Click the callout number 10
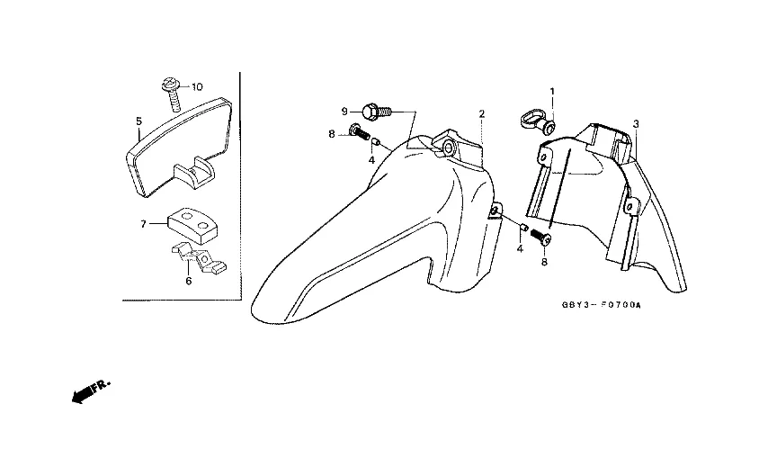197,86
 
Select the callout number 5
138,120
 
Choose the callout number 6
188,281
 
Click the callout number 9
344,111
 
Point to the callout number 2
482,113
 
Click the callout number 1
553,91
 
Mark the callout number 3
636,122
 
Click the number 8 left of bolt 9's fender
331,134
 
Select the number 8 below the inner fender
544,262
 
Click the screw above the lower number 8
541,238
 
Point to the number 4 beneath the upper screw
371,160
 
